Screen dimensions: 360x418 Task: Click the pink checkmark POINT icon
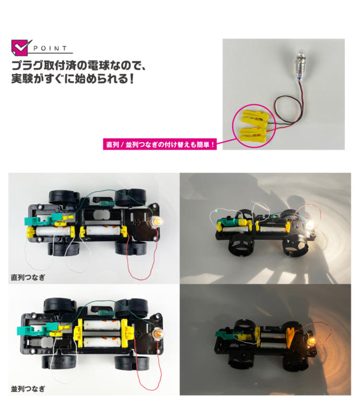(x=20, y=48)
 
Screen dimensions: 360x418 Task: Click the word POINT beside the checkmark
(x=50, y=49)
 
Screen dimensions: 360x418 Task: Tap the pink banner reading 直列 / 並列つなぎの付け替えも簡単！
(x=160, y=144)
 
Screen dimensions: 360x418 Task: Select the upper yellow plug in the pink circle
(x=255, y=118)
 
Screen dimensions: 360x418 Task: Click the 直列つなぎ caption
(x=28, y=277)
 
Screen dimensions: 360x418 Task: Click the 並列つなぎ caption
(x=28, y=389)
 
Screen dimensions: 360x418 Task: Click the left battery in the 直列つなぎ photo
(x=53, y=231)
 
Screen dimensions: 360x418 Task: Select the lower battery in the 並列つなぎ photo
(x=102, y=342)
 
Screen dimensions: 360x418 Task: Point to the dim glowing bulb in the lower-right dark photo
(x=311, y=342)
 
